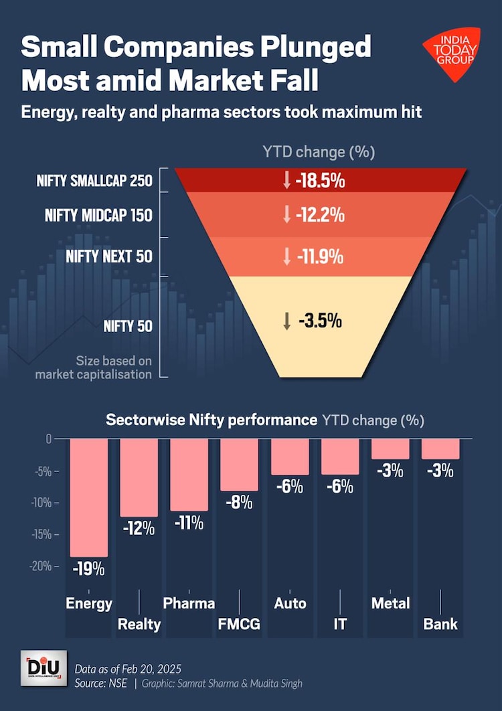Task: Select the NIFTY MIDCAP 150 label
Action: tap(98, 216)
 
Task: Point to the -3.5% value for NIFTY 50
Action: tap(319, 321)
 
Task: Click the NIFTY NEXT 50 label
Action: tap(109, 256)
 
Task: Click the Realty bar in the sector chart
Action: tap(139, 477)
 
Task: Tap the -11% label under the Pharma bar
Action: tap(189, 523)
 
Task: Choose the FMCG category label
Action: tap(239, 624)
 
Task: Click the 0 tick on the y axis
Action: tap(48, 439)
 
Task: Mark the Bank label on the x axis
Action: tap(440, 624)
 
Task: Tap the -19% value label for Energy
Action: tap(89, 569)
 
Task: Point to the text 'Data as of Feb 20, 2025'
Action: tap(128, 669)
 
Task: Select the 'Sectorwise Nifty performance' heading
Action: tap(212, 420)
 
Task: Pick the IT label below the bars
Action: tap(340, 624)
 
